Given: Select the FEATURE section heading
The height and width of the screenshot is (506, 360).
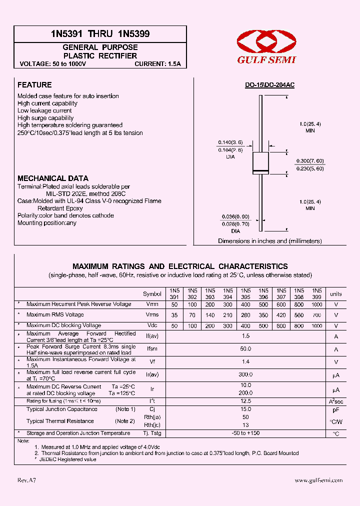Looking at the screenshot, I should [x=34, y=85].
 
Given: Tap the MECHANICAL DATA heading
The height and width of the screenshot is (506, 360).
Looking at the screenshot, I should [x=53, y=178].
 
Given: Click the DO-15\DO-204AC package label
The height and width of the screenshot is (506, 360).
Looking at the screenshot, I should [x=269, y=85].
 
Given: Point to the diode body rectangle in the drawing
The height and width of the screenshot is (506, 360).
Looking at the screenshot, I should [x=260, y=162].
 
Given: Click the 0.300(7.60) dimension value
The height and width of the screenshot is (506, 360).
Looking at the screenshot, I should [x=310, y=160].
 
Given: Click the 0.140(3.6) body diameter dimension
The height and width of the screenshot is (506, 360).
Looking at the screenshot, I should [x=229, y=142].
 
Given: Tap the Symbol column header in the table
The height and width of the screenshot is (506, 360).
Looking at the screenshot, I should [x=152, y=294].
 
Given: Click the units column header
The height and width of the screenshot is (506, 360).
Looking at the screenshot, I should [x=336, y=294].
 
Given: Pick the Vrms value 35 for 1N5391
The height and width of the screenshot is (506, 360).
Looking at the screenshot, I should [x=174, y=315].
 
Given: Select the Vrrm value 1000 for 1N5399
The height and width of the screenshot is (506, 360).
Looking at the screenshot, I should [x=316, y=304].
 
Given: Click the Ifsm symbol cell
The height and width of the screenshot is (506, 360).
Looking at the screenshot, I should [x=152, y=349].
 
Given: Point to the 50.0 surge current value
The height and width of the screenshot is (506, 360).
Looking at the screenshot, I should [x=245, y=349].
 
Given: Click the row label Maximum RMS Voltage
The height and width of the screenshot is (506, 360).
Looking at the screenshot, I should [x=55, y=315].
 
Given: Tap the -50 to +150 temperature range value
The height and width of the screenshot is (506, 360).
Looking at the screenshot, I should [x=245, y=433].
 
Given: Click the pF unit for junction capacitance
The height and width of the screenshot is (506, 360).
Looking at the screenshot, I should [x=336, y=410].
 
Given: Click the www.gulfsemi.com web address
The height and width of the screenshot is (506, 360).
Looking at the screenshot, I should [x=318, y=480].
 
